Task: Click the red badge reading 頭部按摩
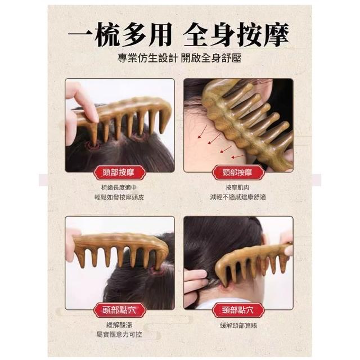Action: [119, 173]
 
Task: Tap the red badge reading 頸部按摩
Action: [238, 173]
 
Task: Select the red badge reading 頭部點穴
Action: [119, 310]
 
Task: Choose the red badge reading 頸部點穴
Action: [238, 310]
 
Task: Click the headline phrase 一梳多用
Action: [120, 34]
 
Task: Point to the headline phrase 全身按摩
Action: [236, 34]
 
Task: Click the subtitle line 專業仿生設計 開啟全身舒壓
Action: [179, 58]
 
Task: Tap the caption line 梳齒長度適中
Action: [119, 187]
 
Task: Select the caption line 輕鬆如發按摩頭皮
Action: [119, 197]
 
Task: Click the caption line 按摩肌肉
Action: [237, 187]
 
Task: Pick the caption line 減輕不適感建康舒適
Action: [238, 197]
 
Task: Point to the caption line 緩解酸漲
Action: [119, 325]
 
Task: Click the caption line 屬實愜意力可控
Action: [119, 335]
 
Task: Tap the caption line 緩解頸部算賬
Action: [238, 325]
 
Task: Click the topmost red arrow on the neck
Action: [202, 132]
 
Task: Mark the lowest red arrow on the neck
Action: [238, 156]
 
